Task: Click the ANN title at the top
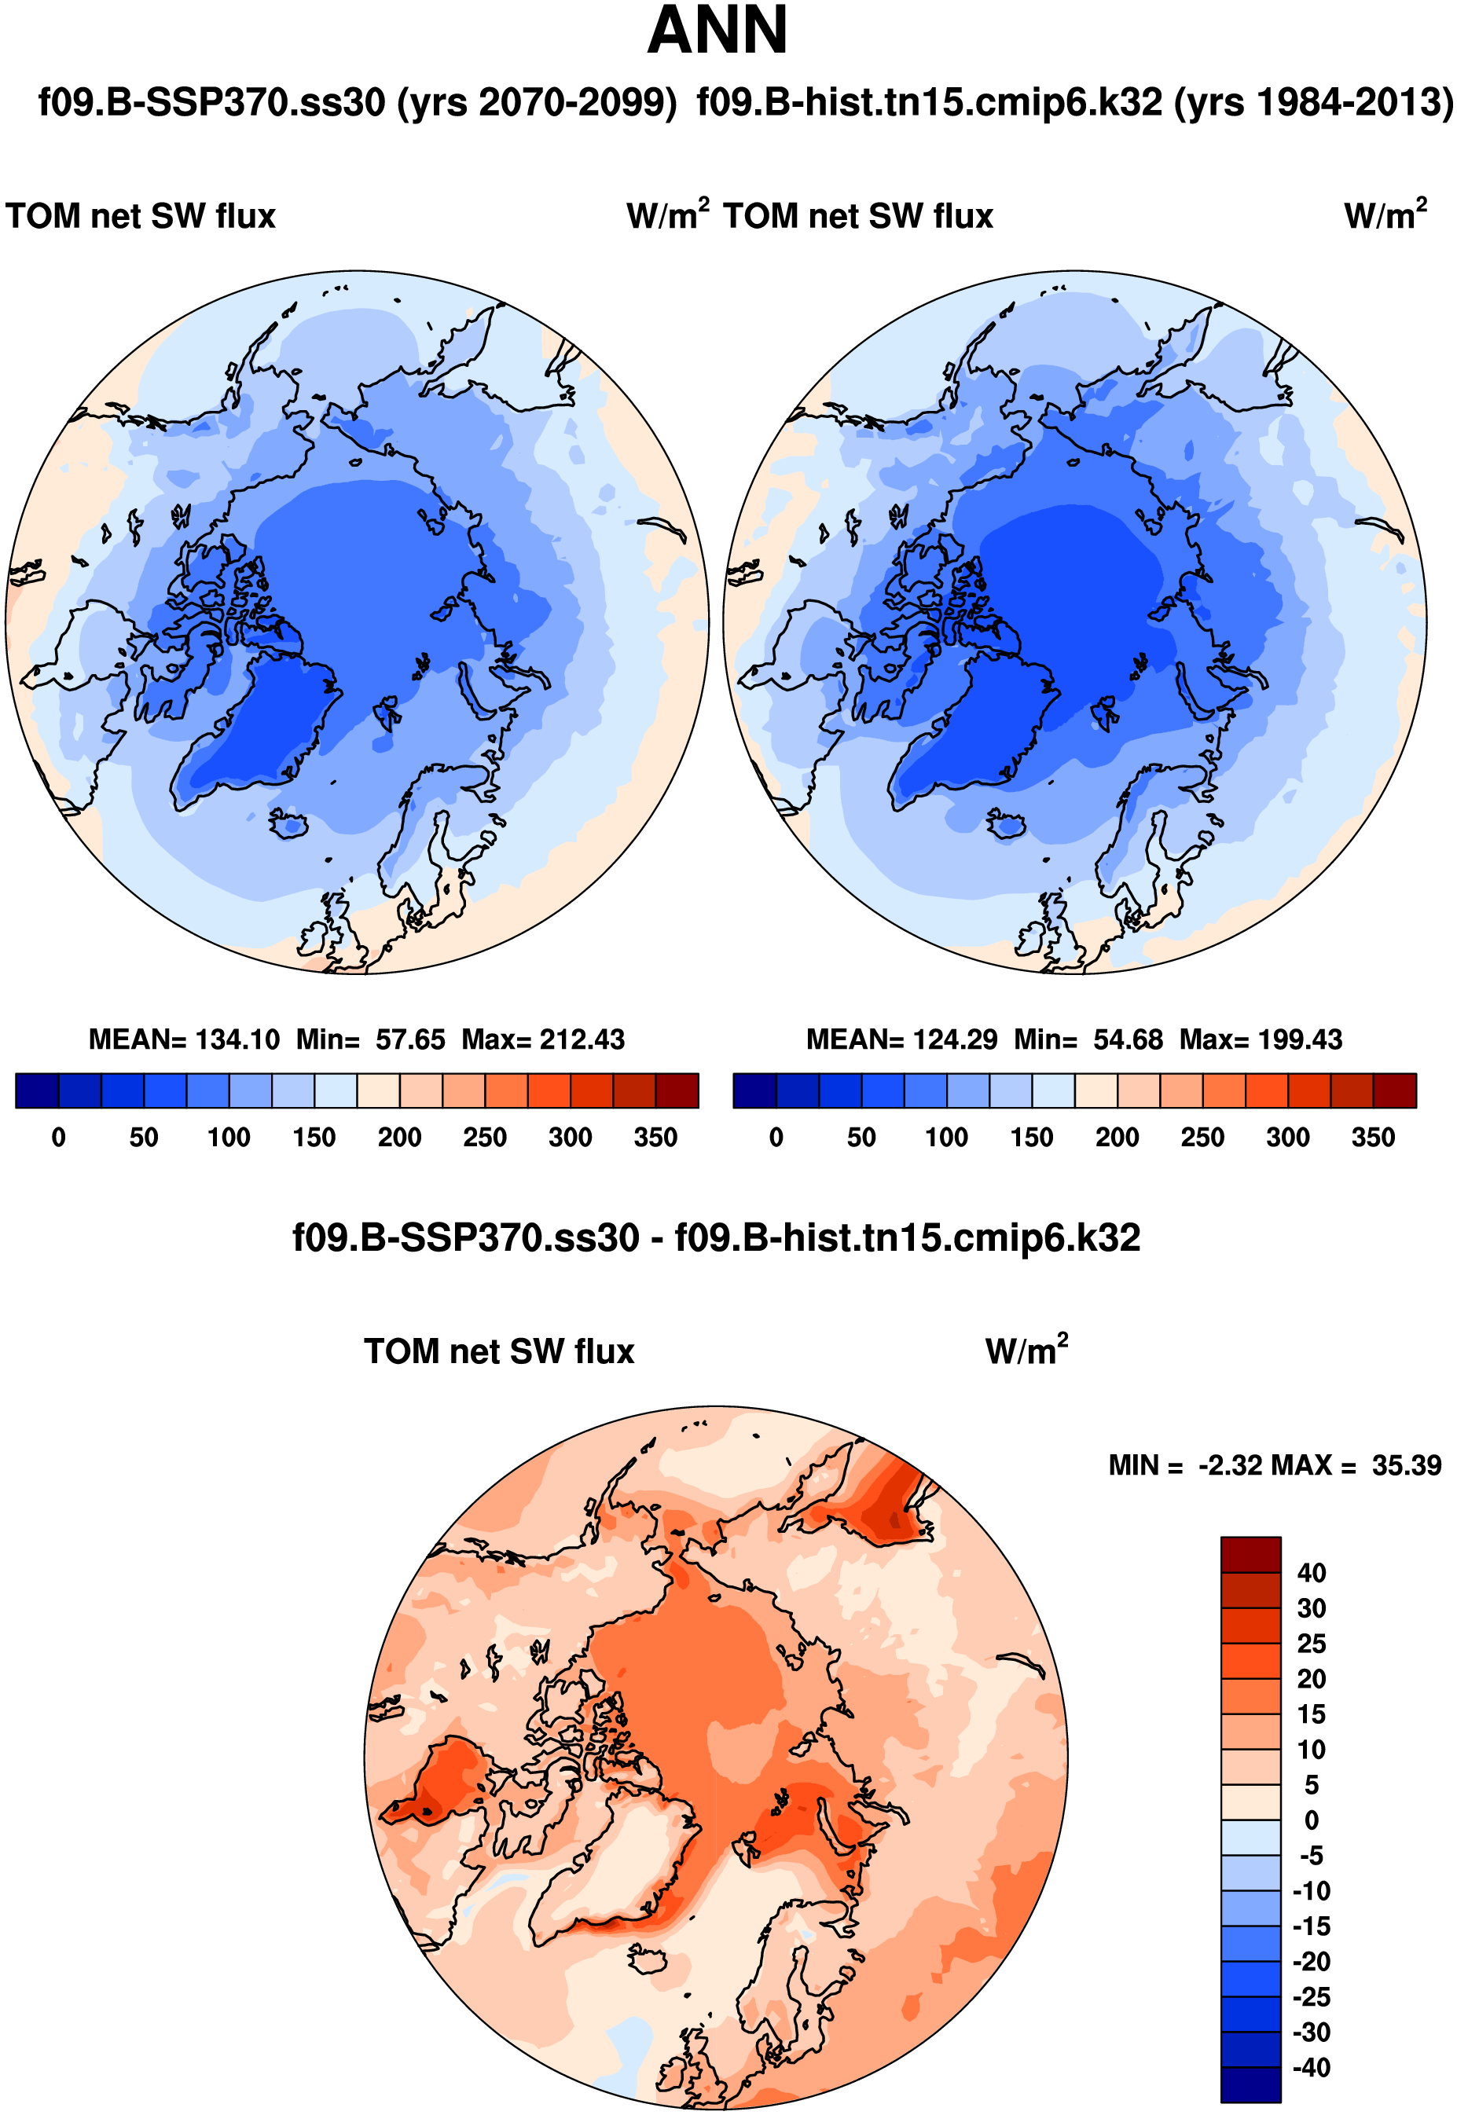pyautogui.click(x=717, y=31)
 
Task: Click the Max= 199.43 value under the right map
pyautogui.click(x=1260, y=1039)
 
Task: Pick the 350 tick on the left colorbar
pyautogui.click(x=655, y=1137)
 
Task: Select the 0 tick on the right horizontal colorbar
pyautogui.click(x=776, y=1137)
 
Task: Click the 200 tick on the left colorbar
pyautogui.click(x=399, y=1137)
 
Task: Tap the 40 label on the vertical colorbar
pyautogui.click(x=1311, y=1572)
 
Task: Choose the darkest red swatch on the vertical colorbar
pyautogui.click(x=1250, y=1554)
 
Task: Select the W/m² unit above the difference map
pyautogui.click(x=1026, y=1351)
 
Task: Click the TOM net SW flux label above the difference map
pyautogui.click(x=498, y=1351)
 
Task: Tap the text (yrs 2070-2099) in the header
pyautogui.click(x=537, y=102)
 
